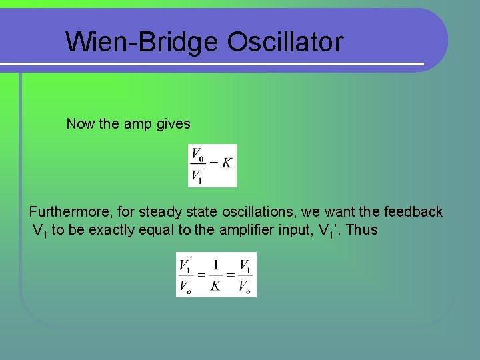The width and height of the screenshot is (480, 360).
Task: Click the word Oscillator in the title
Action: tap(285, 42)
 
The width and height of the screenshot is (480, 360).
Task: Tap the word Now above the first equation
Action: tap(81, 124)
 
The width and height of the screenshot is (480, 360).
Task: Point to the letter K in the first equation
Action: tap(227, 163)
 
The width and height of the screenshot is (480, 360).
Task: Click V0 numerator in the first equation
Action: tap(197, 155)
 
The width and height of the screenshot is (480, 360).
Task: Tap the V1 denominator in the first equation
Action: tap(197, 175)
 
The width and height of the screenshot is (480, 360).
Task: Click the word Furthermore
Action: tap(71, 212)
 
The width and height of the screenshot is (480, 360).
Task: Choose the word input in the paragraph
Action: tap(297, 230)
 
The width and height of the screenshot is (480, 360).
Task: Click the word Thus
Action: tap(362, 230)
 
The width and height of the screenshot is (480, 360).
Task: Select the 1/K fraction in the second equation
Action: tap(215, 275)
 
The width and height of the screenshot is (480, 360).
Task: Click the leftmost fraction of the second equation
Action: tap(185, 275)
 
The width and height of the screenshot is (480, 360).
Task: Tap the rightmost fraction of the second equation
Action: tap(245, 275)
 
